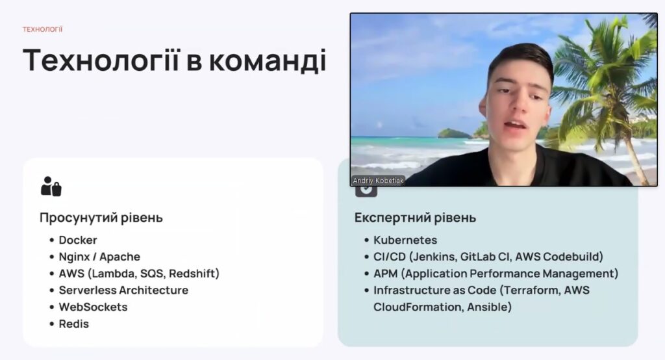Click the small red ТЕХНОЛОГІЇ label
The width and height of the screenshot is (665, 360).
42,29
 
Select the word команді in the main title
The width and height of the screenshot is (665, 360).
268,60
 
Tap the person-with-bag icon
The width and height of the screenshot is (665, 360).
51,186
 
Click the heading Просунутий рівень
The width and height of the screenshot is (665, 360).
101,217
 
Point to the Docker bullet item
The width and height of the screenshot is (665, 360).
78,240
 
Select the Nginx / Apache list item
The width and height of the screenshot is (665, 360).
99,257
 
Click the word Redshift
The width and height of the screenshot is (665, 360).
194,274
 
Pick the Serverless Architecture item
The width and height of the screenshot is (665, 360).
123,290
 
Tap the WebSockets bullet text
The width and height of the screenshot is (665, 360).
93,307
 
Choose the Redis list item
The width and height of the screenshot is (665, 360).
74,324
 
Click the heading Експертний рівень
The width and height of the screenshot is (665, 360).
415,217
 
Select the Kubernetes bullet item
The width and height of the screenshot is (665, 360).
405,240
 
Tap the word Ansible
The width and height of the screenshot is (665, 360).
489,307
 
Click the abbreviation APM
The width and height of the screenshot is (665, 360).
386,274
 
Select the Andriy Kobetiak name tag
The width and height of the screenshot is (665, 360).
379,181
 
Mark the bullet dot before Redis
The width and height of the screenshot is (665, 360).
52,324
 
